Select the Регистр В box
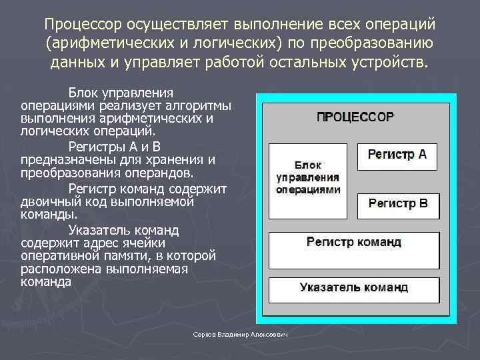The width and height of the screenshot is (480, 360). coord(398,205)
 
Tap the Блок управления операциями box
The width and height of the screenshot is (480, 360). coord(307,181)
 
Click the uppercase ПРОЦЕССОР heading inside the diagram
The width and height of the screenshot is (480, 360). coord(355,117)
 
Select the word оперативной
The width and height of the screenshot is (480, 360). coord(59,255)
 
